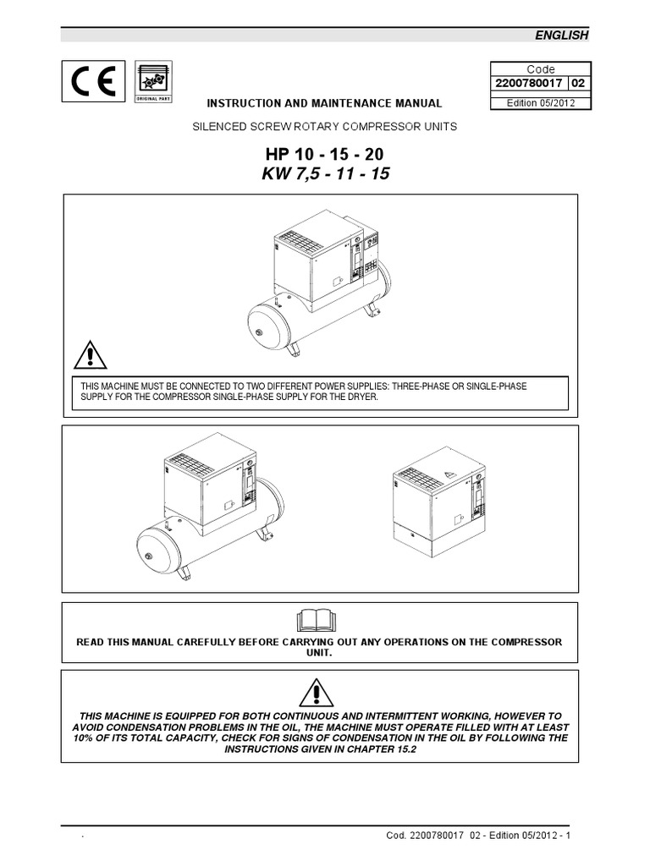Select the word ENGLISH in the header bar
pyautogui.click(x=561, y=35)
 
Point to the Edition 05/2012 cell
pyautogui.click(x=541, y=102)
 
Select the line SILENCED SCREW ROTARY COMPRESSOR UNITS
pyautogui.click(x=325, y=127)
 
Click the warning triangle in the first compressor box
pyautogui.click(x=90, y=354)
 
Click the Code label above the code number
pyautogui.click(x=541, y=69)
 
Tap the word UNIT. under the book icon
pyautogui.click(x=320, y=654)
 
